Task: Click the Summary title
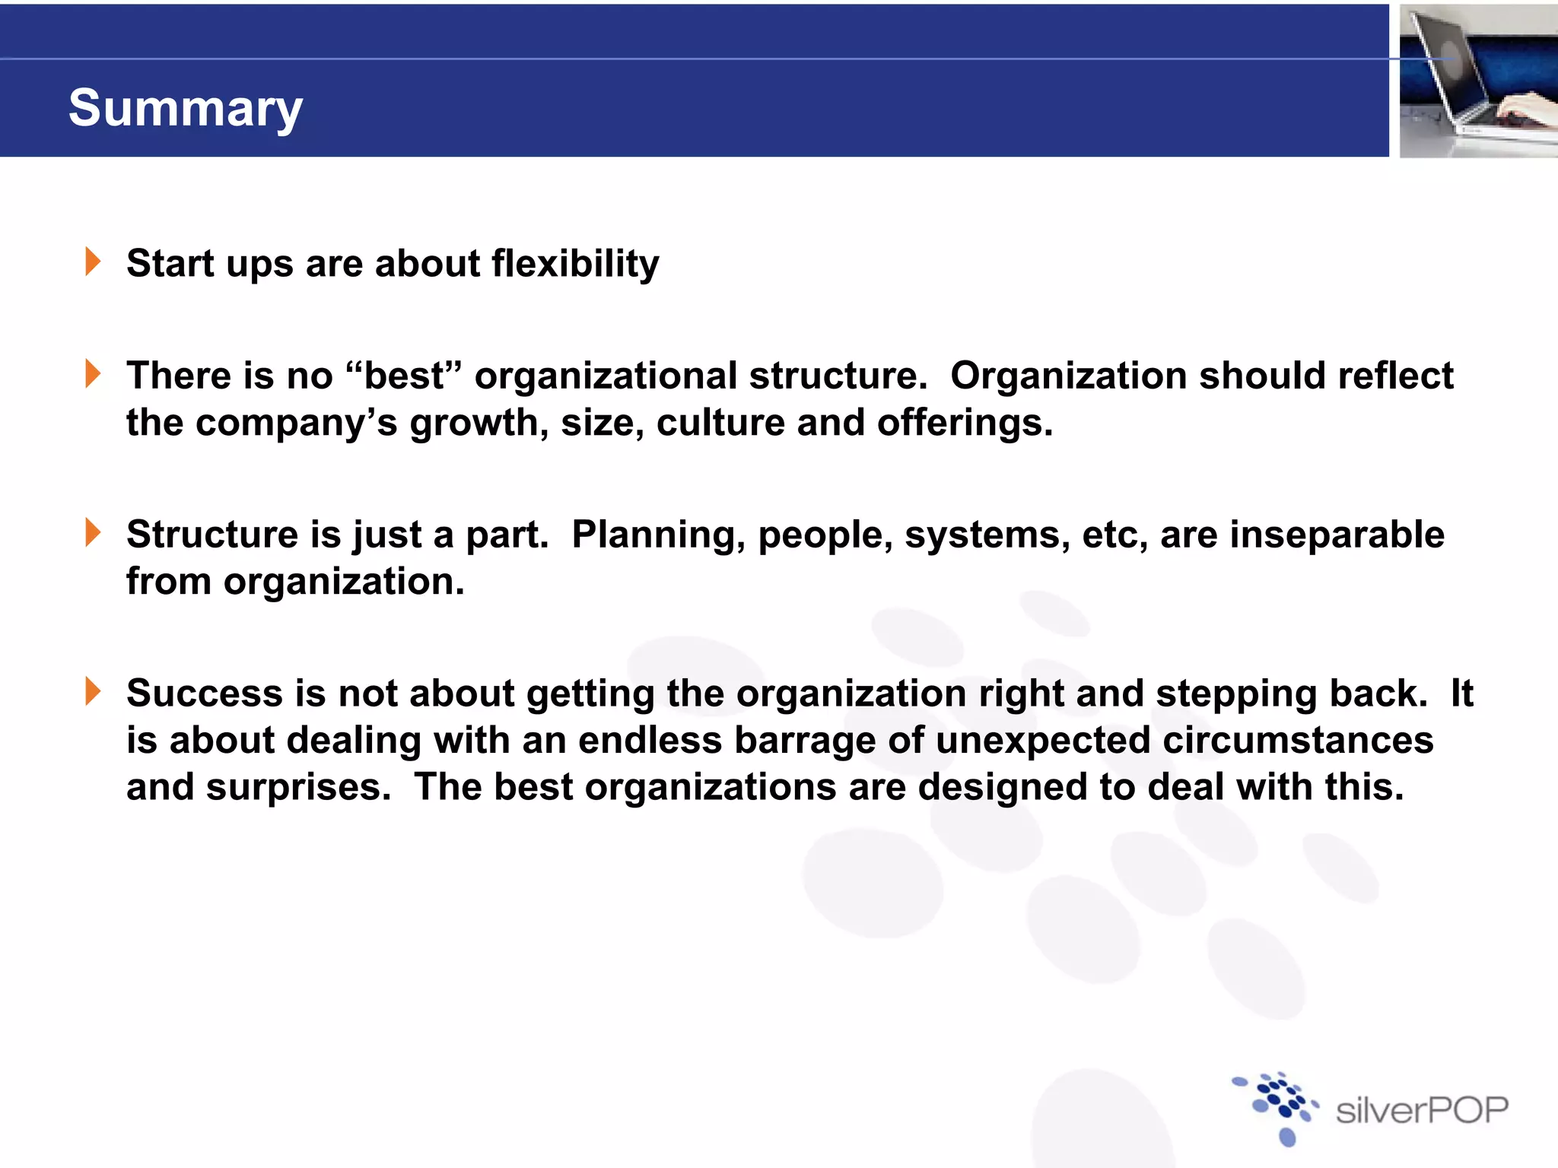186,108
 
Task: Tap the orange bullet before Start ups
93,262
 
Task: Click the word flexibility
575,264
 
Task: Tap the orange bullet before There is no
93,374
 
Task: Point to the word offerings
964,424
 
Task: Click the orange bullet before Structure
93,532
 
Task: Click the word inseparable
1337,534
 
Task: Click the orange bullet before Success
93,691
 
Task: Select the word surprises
298,788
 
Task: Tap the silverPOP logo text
1421,1111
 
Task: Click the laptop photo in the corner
1477,81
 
